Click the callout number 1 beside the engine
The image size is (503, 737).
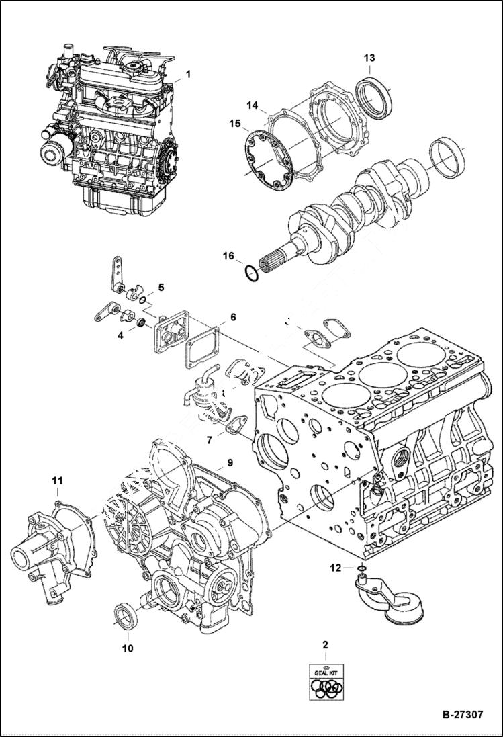coord(188,74)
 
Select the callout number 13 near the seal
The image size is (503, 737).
coord(369,58)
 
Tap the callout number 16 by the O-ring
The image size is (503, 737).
coord(229,256)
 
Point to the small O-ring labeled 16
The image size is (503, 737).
coord(249,274)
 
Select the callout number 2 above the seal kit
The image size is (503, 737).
coord(326,645)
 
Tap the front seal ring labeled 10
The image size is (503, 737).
coord(126,615)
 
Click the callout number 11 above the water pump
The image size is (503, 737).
coord(58,480)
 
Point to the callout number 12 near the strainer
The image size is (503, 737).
coord(335,568)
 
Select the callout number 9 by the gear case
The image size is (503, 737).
coord(229,462)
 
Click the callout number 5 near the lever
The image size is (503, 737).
coord(161,288)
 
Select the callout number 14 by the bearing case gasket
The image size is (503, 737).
coord(252,105)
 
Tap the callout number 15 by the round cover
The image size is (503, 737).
coord(234,124)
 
